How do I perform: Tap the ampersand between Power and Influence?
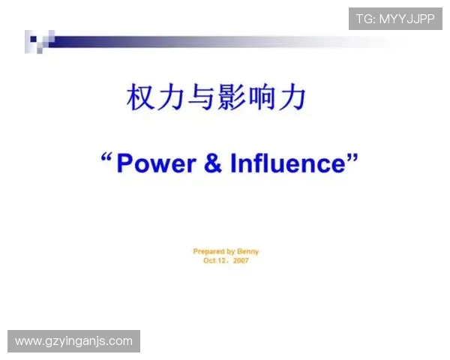click(x=213, y=163)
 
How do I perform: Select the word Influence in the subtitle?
click(x=289, y=163)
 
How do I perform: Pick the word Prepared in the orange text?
click(x=208, y=251)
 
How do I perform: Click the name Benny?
click(x=248, y=251)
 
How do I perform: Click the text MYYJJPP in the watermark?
click(x=406, y=19)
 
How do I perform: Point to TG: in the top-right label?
click(x=366, y=19)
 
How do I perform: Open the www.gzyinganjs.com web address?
click(x=73, y=341)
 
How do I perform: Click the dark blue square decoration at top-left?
click(x=33, y=37)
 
